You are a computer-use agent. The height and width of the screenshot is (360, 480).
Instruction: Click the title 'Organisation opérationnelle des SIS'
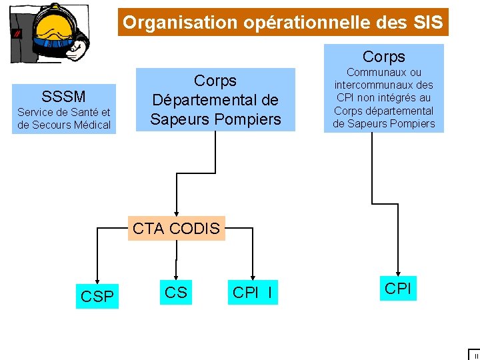(283, 23)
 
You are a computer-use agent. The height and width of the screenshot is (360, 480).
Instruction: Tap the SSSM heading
(63, 95)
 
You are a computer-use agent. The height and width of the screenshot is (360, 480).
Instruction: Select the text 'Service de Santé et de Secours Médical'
(64, 119)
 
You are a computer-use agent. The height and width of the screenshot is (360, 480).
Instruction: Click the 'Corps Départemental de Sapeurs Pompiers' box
(215, 100)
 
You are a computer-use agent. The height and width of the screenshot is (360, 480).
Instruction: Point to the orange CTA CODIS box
(176, 229)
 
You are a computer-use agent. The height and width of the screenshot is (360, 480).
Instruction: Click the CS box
(176, 292)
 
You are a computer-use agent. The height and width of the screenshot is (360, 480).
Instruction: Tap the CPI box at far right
(398, 289)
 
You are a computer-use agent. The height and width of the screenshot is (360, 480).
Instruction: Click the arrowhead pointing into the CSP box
(97, 278)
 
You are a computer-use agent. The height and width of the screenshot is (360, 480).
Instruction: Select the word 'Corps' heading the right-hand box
(383, 57)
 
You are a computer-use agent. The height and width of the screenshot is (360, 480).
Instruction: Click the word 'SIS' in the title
(427, 23)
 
